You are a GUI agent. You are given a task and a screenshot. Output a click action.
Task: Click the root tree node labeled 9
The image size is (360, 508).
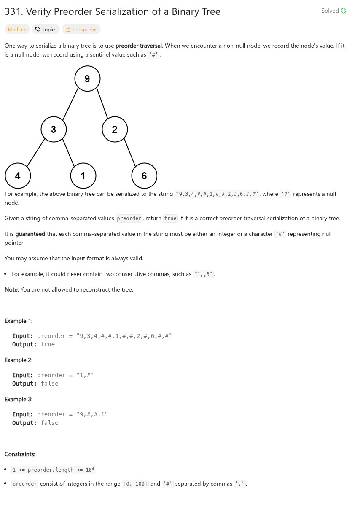tap(87, 78)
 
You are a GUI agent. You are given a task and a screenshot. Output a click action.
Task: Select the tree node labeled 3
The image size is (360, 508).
tap(54, 129)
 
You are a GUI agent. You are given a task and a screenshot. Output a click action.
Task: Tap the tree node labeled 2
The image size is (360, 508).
tap(115, 129)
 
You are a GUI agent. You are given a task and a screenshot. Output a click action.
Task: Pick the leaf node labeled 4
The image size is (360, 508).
tap(18, 176)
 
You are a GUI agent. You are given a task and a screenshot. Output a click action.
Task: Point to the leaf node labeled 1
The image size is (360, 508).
tap(83, 176)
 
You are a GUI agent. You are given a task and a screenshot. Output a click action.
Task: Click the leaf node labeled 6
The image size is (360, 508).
tap(144, 176)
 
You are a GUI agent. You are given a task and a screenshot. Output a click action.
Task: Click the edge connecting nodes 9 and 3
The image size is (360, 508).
tap(70, 104)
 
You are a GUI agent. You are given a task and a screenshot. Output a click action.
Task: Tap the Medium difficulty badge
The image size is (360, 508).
tap(17, 30)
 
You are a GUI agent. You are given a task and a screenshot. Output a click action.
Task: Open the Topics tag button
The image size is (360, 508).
tap(46, 30)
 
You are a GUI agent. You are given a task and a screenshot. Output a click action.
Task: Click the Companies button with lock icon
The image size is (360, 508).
tap(81, 30)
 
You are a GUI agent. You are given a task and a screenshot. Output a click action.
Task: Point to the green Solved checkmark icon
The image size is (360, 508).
tap(344, 11)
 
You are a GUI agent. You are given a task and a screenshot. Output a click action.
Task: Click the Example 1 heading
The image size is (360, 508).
tap(19, 321)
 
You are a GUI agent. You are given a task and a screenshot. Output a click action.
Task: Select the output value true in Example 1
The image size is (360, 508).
tap(48, 344)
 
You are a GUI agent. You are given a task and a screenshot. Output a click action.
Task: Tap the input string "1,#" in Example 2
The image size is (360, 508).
tap(84, 375)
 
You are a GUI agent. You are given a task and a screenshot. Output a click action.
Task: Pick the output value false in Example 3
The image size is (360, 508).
tap(49, 423)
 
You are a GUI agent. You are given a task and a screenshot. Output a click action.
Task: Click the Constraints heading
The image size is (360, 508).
tap(20, 454)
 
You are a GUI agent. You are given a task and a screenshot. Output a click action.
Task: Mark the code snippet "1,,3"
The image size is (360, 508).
tap(203, 274)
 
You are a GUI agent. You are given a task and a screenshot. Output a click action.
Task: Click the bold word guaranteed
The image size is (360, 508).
tap(30, 234)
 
